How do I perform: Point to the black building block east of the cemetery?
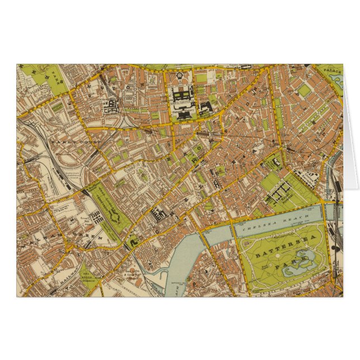pyautogui.click(x=158, y=213)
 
